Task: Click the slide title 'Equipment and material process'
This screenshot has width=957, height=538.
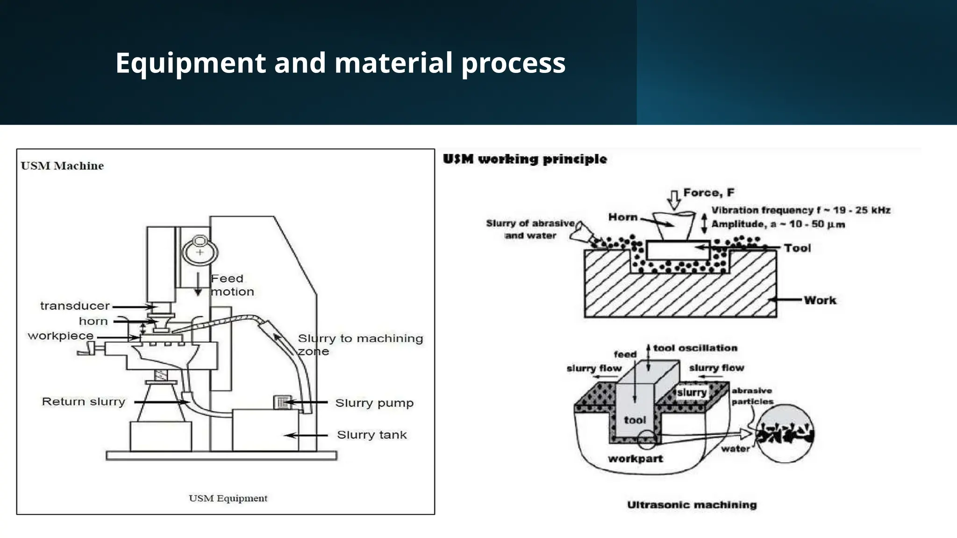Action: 340,63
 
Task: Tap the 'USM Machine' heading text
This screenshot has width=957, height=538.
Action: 62,166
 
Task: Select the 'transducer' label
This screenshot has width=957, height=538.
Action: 75,306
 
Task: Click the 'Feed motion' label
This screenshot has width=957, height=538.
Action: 232,285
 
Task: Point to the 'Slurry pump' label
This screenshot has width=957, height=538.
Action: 374,403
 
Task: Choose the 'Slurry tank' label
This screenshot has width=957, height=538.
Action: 371,435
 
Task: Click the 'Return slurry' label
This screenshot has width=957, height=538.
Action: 84,402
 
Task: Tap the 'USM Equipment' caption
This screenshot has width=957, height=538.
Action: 228,498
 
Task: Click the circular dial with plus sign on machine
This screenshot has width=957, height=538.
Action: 200,251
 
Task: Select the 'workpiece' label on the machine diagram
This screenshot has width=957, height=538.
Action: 61,336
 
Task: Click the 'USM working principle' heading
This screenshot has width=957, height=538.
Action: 524,159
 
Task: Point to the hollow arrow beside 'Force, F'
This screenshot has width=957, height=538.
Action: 674,199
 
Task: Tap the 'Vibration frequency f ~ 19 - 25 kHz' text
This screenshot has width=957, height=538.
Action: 800,210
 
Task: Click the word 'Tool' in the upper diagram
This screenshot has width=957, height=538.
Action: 797,248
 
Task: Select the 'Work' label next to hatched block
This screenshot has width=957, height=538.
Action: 820,300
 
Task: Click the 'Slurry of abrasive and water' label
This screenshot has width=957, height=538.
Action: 530,229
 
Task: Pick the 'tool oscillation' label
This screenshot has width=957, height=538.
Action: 695,348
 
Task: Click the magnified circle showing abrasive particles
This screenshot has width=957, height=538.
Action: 785,433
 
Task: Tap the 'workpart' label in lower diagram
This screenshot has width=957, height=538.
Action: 635,459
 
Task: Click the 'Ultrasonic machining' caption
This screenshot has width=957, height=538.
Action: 692,505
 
